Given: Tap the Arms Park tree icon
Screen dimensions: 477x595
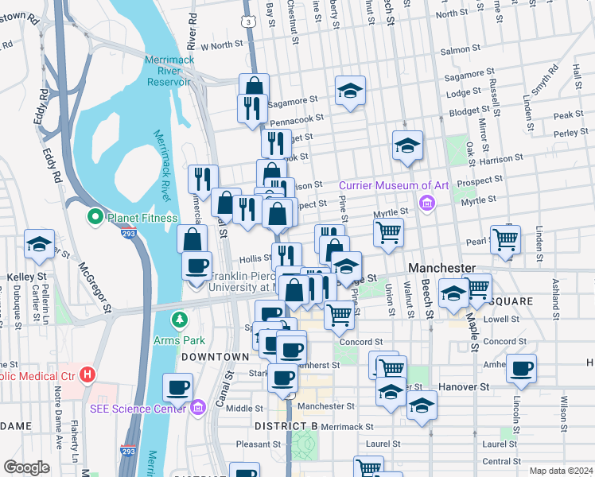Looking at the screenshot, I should pos(181,320).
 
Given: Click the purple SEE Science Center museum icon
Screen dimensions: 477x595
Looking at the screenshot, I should pos(198,408).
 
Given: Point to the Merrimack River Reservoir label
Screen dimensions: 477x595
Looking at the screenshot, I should pos(167,71).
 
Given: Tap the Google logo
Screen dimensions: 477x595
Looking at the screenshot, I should pos(26,467).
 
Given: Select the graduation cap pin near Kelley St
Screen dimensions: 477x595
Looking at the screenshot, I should pos(38,245).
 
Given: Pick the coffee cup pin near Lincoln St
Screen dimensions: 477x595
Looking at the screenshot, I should pos(521,368).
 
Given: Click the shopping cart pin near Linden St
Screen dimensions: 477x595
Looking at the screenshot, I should pos(505,238).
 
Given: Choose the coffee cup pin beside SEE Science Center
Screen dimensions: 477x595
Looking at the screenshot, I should pos(177,387).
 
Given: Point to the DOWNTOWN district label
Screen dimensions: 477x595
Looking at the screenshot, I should pos(210,358).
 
